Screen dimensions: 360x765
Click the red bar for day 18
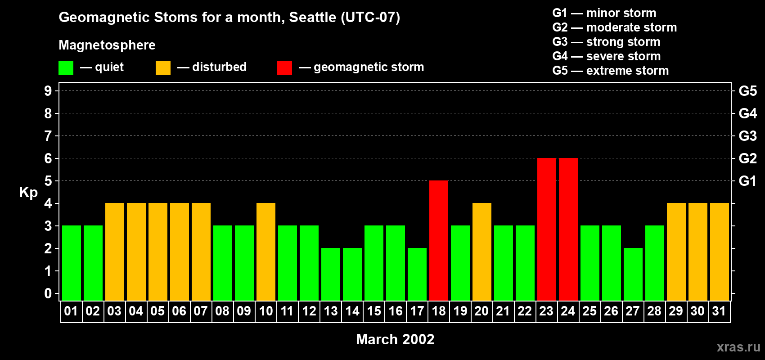pyautogui.click(x=439, y=240)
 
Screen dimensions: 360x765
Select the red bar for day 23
pyautogui.click(x=547, y=229)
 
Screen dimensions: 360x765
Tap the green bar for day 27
pyautogui.click(x=633, y=274)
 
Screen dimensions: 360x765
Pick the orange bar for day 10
pyautogui.click(x=266, y=252)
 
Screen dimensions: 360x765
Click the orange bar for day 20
pyautogui.click(x=482, y=252)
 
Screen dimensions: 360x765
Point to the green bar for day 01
pyautogui.click(x=72, y=263)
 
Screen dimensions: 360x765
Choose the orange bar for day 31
pyautogui.click(x=720, y=252)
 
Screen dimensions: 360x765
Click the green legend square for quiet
pyautogui.click(x=66, y=68)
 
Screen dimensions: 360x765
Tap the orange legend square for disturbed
pyautogui.click(x=163, y=68)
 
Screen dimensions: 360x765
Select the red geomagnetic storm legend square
pyautogui.click(x=284, y=68)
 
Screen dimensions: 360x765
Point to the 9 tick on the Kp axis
pyautogui.click(x=48, y=91)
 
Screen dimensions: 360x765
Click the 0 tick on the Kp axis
pyautogui.click(x=48, y=294)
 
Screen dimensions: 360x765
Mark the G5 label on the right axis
pyautogui.click(x=747, y=91)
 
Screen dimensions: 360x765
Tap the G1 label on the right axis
pyautogui.click(x=747, y=181)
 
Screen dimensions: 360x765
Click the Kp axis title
pyautogui.click(x=28, y=193)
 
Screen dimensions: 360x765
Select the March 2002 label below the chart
pyautogui.click(x=395, y=339)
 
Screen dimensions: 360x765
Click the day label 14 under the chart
pyautogui.click(x=352, y=311)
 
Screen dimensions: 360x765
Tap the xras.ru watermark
pyautogui.click(x=738, y=347)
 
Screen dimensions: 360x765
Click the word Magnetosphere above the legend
pyautogui.click(x=107, y=45)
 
